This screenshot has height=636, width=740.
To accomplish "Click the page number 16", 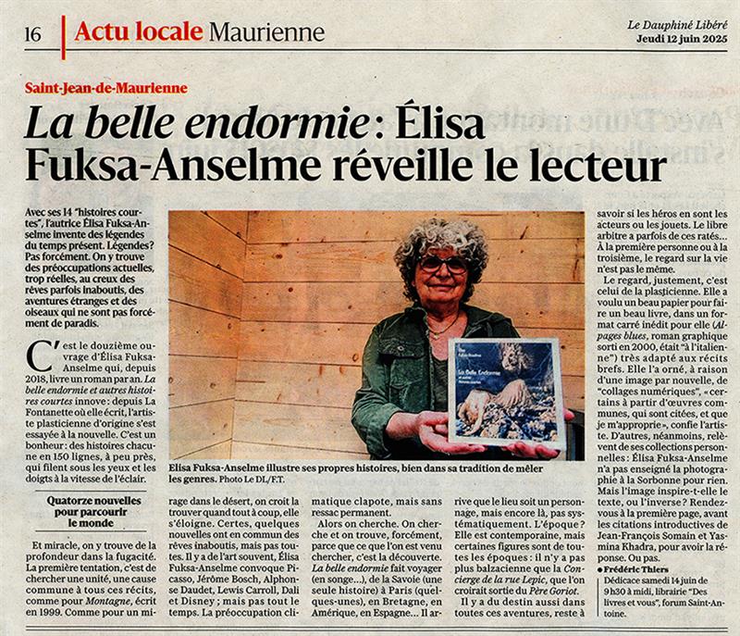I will pyautogui.click(x=32, y=34).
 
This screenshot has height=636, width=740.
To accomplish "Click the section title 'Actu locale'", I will pyautogui.click(x=138, y=32).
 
